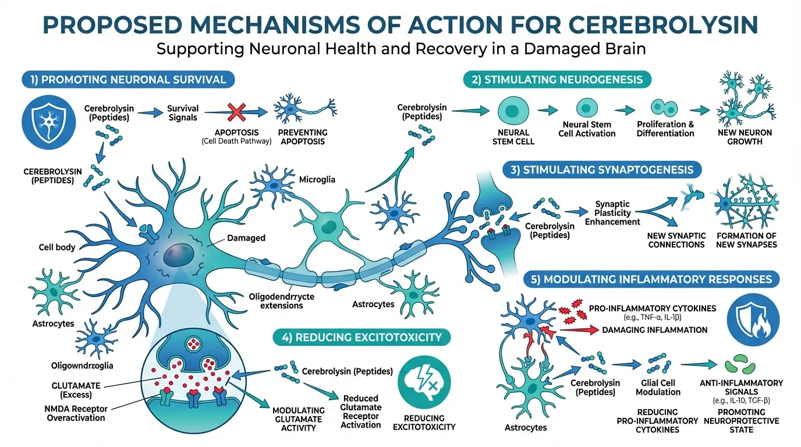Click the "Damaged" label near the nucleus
point(246,237)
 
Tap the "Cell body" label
point(57,247)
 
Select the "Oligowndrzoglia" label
point(81,366)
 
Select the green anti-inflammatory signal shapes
point(739,367)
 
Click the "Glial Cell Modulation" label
point(658,387)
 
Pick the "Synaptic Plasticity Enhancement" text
point(616,213)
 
